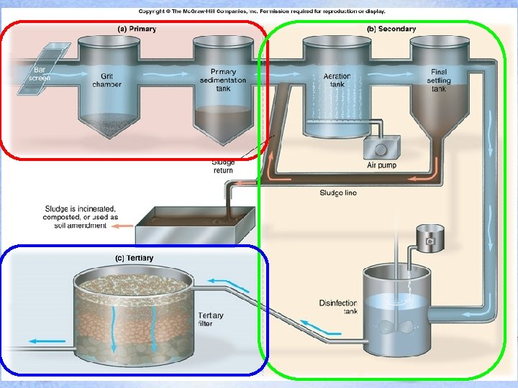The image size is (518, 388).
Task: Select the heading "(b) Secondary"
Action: tap(391, 29)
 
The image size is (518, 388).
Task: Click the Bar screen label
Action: tap(40, 73)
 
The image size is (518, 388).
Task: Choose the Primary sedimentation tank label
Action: tap(223, 80)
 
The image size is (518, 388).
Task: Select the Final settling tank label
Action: tap(439, 80)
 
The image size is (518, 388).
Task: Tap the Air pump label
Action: tap(381, 165)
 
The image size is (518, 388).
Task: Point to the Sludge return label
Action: tap(223, 167)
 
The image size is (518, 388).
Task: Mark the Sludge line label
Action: tap(338, 193)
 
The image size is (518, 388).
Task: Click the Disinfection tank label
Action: tap(338, 307)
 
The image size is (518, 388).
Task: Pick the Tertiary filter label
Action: tap(211, 320)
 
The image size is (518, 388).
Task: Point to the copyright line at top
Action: tap(262, 11)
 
